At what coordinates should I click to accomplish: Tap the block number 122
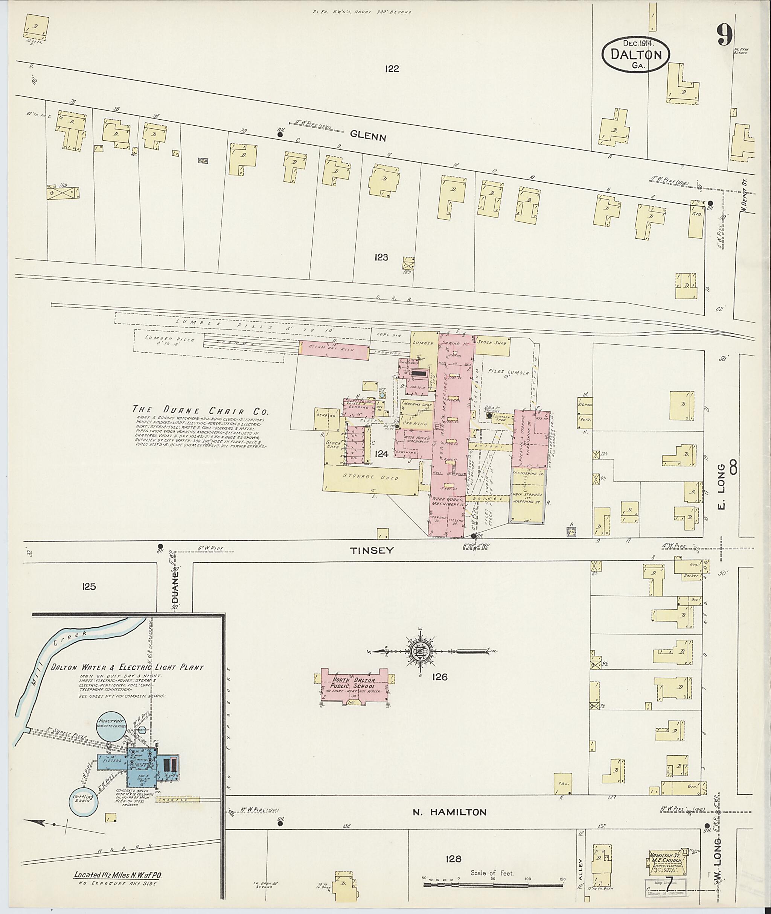[392, 68]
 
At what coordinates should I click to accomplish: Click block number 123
[381, 257]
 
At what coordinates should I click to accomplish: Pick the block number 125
[88, 586]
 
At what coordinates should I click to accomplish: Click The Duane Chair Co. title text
[201, 410]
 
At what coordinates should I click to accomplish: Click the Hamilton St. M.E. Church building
[665, 863]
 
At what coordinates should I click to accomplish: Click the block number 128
[453, 859]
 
